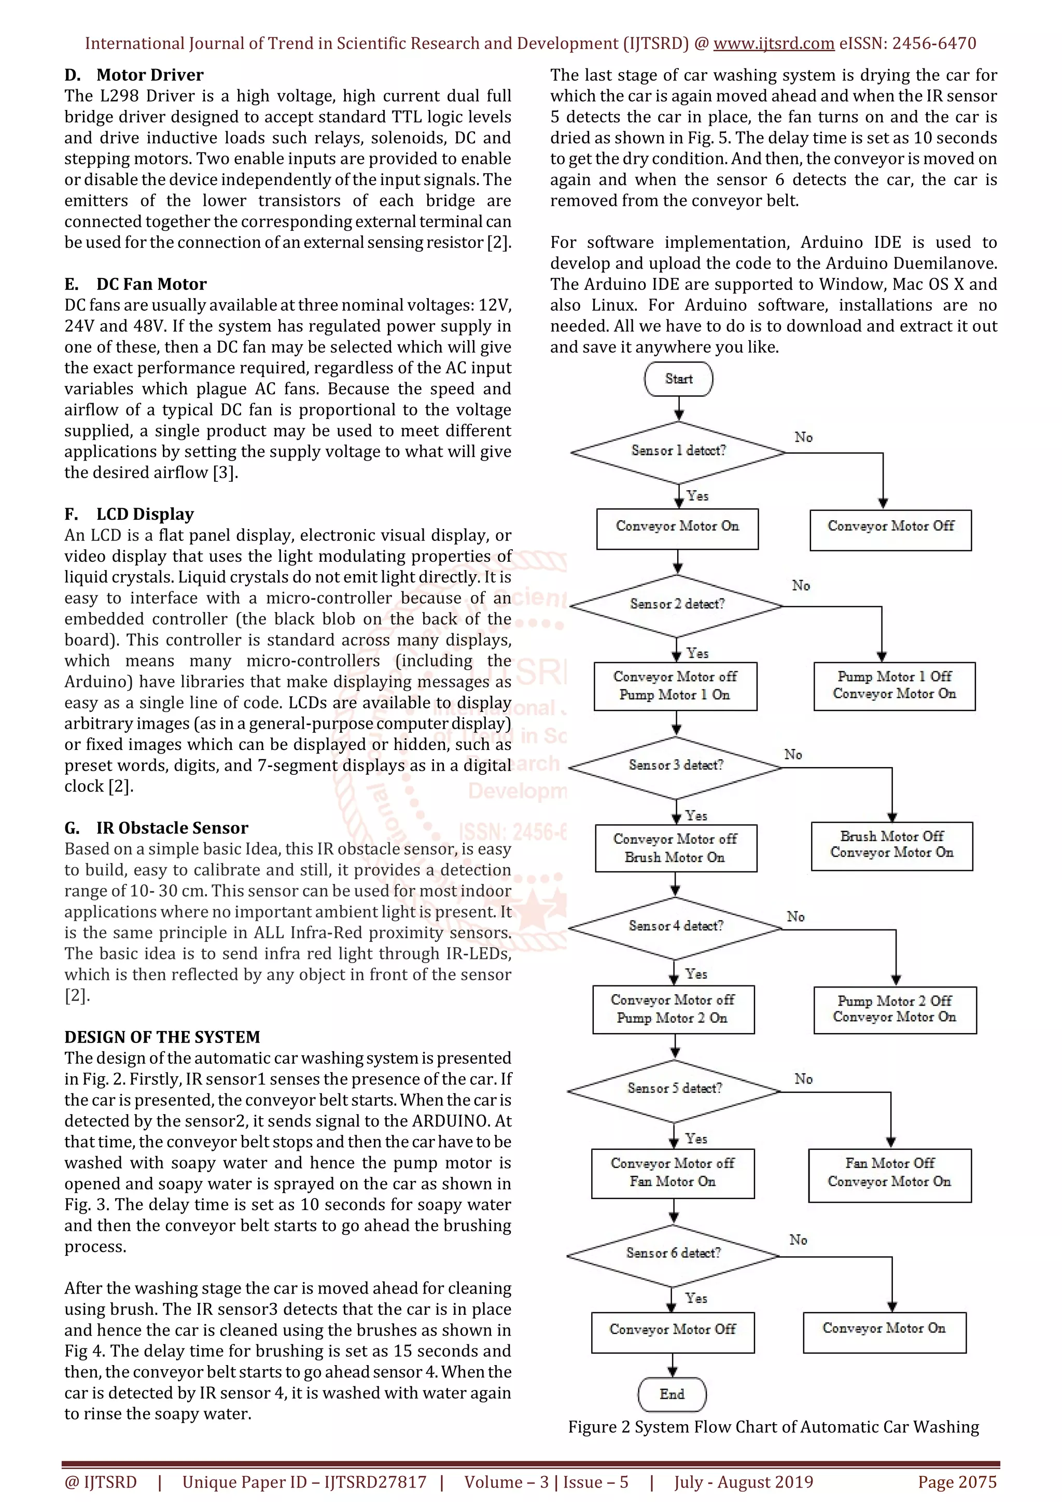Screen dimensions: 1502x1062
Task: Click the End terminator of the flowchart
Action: point(672,1394)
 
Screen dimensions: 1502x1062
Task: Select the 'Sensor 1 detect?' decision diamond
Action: point(678,451)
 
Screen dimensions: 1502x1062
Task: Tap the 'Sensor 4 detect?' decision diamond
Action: point(676,926)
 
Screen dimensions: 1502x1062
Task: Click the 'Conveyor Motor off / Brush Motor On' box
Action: point(676,848)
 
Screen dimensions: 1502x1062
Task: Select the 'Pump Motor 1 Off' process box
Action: point(894,686)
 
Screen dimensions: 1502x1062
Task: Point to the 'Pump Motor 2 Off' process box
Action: point(895,1010)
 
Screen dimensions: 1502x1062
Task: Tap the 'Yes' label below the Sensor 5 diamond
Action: point(696,1139)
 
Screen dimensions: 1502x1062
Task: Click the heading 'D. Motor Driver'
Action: point(134,75)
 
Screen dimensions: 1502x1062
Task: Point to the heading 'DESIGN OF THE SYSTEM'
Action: point(162,1037)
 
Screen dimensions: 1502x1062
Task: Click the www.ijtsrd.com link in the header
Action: point(774,44)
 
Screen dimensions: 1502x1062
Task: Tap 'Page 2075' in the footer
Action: point(957,1482)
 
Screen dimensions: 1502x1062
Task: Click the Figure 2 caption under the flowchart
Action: point(773,1427)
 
